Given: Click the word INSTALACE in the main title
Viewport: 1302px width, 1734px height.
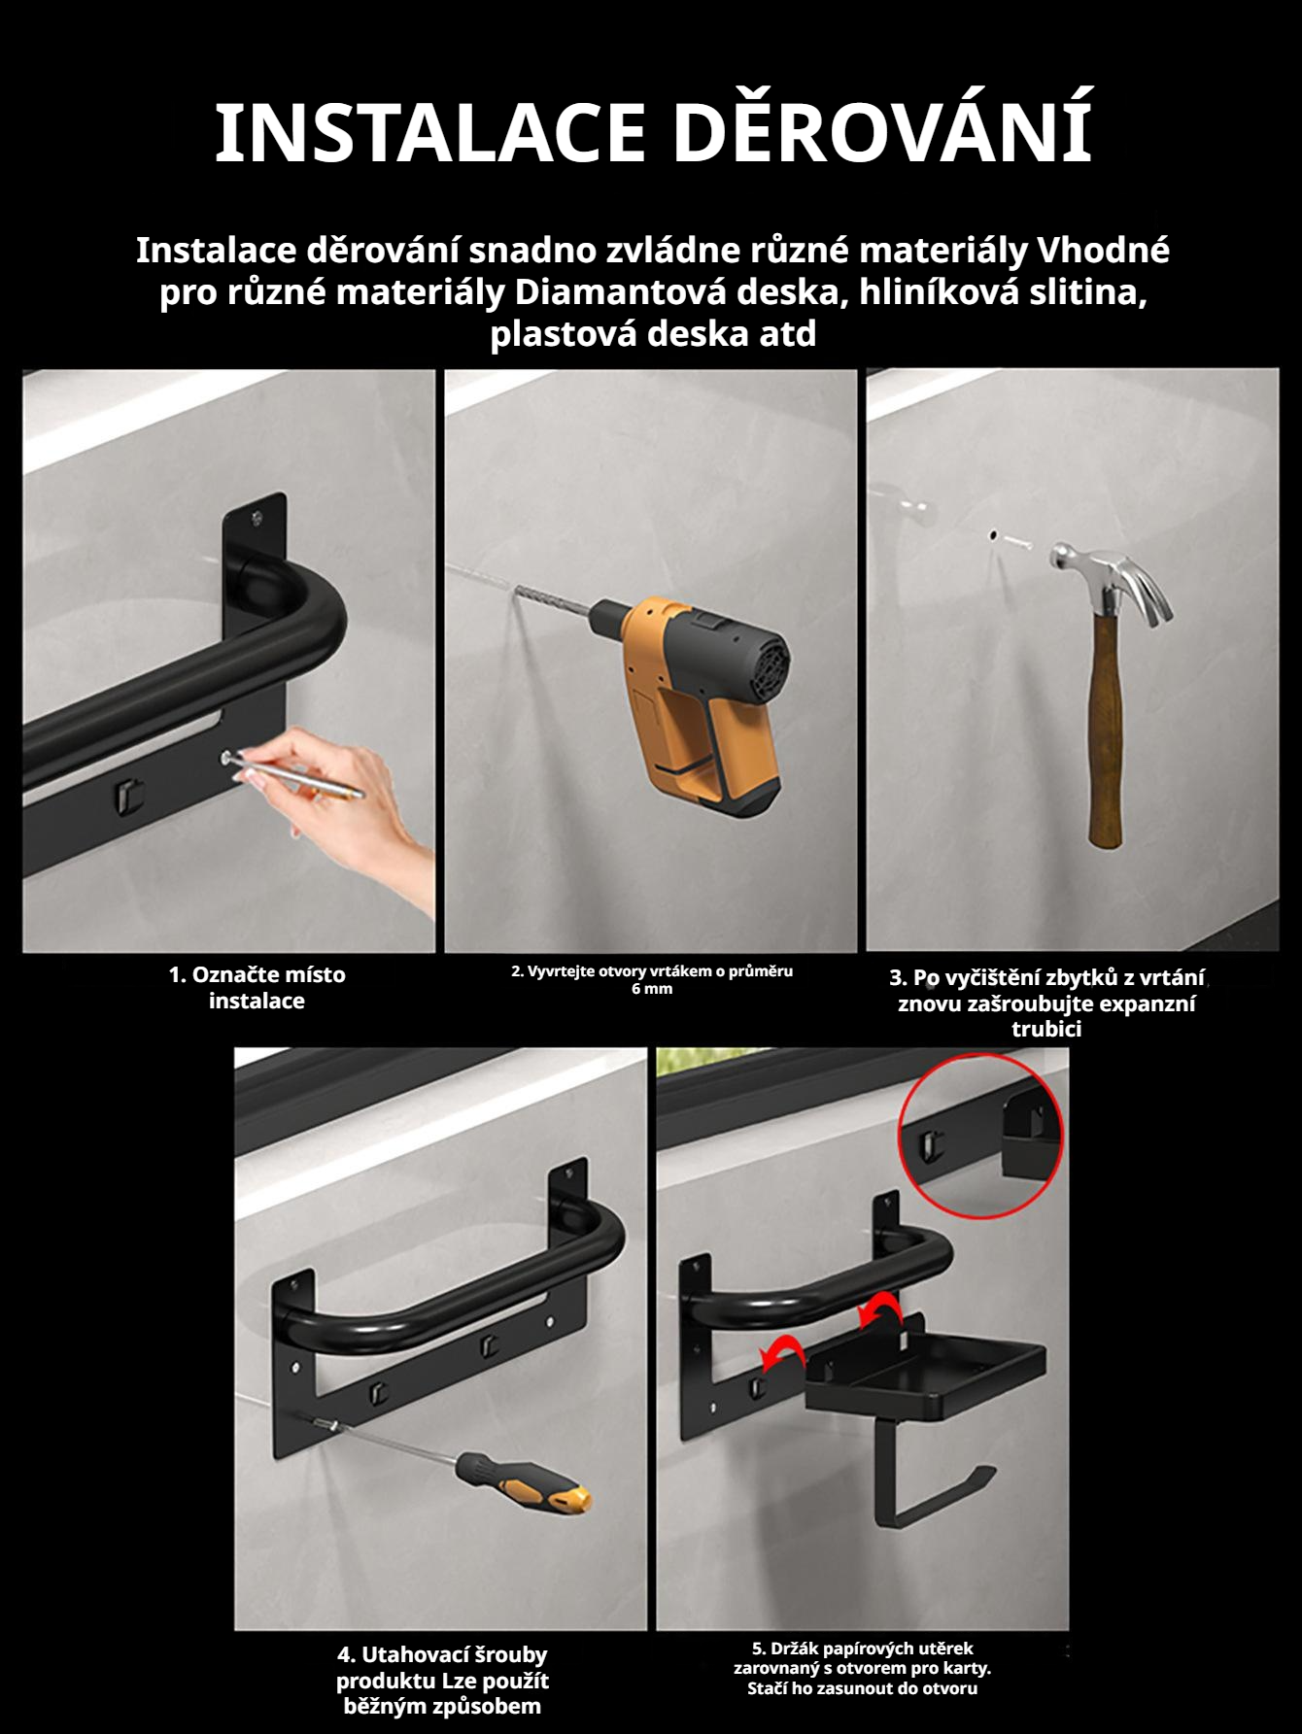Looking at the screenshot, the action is (429, 132).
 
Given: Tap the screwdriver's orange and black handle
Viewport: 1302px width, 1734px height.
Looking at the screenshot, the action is (525, 1483).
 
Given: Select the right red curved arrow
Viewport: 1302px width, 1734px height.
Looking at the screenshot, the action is (878, 1309).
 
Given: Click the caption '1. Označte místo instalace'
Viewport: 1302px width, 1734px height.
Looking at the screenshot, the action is (257, 987).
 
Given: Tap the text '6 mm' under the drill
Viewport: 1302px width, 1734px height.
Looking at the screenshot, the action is (652, 989).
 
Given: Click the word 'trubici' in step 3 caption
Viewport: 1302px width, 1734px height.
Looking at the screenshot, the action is (1046, 1029).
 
